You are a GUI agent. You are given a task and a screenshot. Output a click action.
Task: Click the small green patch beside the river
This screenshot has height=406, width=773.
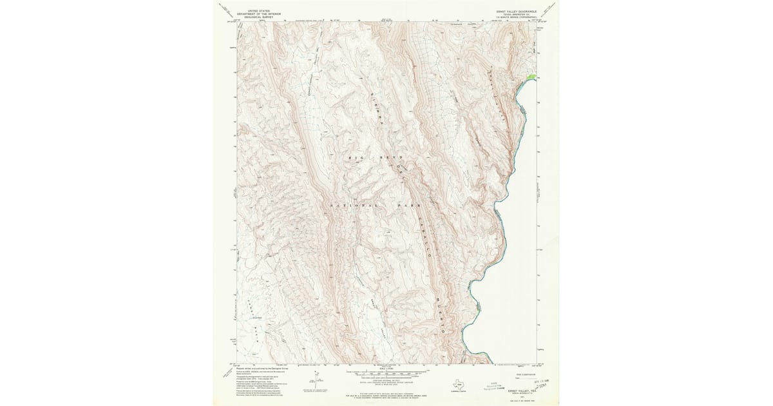(x=531, y=77)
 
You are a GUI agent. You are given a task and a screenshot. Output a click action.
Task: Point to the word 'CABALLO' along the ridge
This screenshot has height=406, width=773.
(x=426, y=235)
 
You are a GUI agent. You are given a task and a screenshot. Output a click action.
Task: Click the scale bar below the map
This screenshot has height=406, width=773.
(x=386, y=372)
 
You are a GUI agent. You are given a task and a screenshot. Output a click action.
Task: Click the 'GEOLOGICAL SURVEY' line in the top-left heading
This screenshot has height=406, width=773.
(x=252, y=17)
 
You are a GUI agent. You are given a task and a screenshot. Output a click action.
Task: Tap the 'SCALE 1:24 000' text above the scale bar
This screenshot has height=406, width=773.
(x=386, y=368)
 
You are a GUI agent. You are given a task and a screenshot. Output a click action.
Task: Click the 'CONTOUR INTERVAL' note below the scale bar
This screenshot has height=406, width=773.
(x=386, y=380)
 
